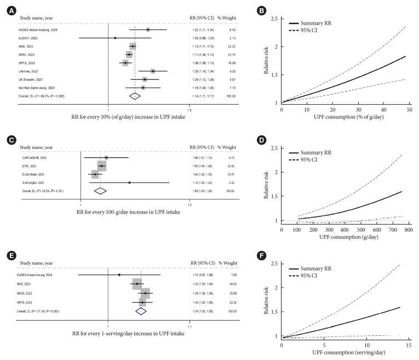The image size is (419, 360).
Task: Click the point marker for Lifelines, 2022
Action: pos(153,71)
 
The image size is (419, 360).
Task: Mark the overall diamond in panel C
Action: pos(100,191)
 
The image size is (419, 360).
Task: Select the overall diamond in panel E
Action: pos(141,311)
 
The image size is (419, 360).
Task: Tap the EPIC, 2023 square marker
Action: pos(101,166)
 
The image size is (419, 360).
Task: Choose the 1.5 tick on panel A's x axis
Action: pos(189,110)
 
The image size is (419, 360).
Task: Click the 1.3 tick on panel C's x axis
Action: pos(190,205)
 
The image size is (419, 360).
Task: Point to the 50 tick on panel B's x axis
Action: pos(409,110)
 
